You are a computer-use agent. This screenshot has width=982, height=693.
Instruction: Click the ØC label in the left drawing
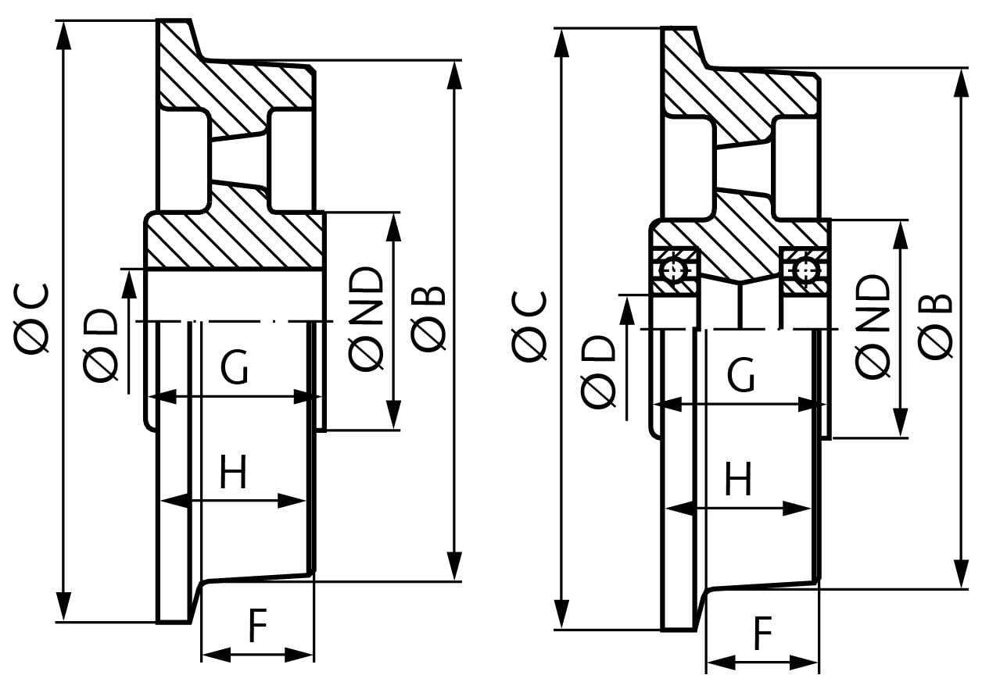(x=31, y=317)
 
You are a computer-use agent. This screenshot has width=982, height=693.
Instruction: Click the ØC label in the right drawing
(x=529, y=327)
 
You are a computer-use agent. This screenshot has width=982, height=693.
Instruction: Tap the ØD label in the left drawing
(x=100, y=345)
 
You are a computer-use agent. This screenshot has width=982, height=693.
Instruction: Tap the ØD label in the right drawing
(x=598, y=372)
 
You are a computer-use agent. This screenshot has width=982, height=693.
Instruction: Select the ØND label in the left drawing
(x=366, y=319)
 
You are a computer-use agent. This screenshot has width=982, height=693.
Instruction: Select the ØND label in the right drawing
(x=873, y=327)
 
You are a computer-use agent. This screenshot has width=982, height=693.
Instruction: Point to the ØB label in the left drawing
(x=428, y=319)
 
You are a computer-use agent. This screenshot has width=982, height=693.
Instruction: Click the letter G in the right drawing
(x=741, y=374)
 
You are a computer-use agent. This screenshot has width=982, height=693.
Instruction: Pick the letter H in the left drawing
(x=233, y=472)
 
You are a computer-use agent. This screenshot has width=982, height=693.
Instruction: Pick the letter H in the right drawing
(x=739, y=478)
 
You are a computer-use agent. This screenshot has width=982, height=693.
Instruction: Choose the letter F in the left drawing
(x=257, y=625)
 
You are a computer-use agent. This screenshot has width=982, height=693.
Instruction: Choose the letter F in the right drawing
(x=763, y=633)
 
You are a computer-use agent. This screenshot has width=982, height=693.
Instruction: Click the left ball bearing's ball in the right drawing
(x=674, y=271)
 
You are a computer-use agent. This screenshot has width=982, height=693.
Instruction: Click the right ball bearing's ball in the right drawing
(x=807, y=270)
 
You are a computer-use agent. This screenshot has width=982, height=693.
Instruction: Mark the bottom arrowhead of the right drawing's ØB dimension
(x=962, y=573)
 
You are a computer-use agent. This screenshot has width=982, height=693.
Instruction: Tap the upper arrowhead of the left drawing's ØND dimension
(x=393, y=228)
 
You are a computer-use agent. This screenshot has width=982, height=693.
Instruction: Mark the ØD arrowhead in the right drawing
(x=628, y=311)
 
